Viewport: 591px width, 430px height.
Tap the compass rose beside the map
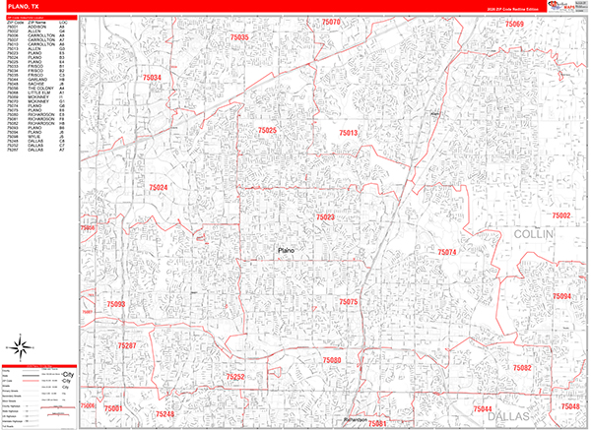[x=20, y=345]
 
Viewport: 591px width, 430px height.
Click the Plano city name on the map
[x=287, y=252]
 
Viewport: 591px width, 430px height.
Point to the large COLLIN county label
[x=534, y=236]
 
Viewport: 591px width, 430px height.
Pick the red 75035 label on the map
[x=238, y=37]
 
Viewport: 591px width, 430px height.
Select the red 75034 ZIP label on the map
[x=152, y=77]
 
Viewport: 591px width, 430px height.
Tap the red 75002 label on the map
[x=561, y=215]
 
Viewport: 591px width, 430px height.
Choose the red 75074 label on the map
[x=447, y=253]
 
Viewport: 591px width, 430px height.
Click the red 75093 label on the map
[x=115, y=305]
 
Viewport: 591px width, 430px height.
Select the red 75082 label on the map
[x=522, y=367]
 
